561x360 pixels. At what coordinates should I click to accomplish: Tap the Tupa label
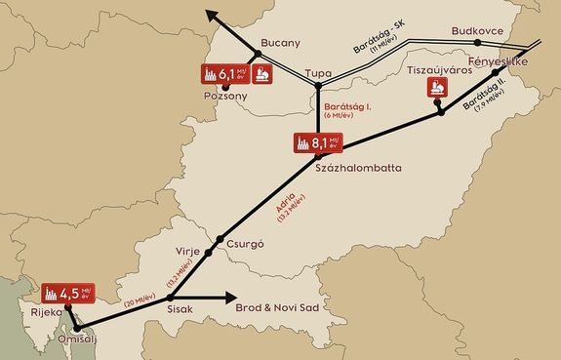318,74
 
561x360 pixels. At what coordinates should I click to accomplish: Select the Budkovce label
477,31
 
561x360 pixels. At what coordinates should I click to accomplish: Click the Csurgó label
247,245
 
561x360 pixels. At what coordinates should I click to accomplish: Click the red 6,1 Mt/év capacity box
225,73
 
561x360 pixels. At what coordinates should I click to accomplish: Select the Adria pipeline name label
284,209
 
